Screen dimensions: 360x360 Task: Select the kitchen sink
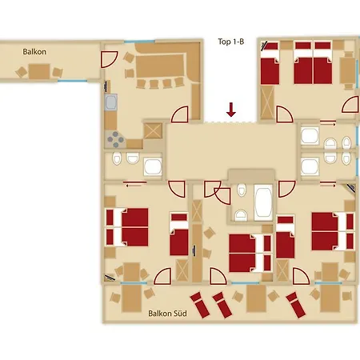coord(111,102)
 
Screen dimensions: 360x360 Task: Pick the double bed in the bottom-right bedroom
coord(331,230)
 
